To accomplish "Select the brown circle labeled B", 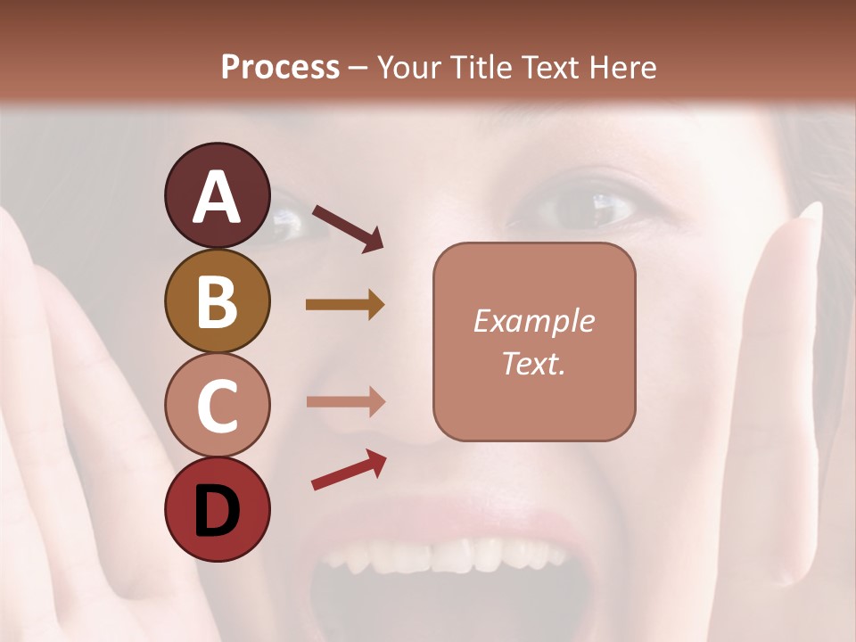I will [217, 300].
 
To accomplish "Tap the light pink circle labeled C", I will [217, 405].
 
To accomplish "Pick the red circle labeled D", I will [217, 509].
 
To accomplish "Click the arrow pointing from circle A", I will [348, 228].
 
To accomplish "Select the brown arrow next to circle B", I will [345, 305].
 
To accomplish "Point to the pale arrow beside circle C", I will [345, 402].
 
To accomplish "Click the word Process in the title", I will [280, 68].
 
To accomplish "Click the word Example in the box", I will [533, 321].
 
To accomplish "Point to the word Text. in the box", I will [533, 363].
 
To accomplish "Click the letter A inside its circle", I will [217, 197].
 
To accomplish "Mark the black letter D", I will [217, 511].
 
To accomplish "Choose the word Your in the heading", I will [407, 68].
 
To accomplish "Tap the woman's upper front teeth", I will [446, 555].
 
